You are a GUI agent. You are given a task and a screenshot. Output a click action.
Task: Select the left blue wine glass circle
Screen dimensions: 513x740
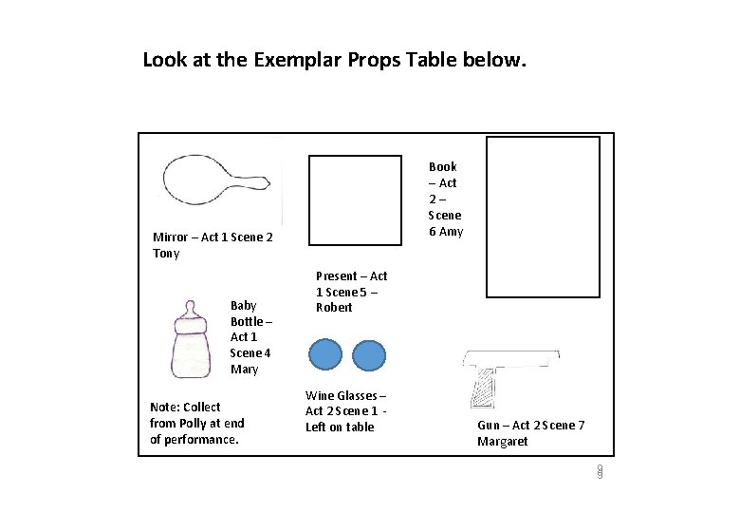[x=325, y=354]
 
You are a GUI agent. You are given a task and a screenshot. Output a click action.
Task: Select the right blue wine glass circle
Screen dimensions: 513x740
[x=370, y=354]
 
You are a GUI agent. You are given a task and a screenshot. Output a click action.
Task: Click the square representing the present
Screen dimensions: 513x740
[x=356, y=200]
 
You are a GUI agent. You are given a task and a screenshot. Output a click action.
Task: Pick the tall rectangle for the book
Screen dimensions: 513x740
[x=543, y=218]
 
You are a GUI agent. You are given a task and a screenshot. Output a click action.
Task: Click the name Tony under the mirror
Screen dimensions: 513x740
[x=166, y=254]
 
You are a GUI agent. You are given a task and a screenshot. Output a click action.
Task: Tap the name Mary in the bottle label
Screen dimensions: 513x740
[x=244, y=369]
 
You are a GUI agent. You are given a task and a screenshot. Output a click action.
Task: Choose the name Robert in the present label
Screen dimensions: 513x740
[x=334, y=308]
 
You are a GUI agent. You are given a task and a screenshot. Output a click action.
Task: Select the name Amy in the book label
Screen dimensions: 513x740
[x=452, y=232]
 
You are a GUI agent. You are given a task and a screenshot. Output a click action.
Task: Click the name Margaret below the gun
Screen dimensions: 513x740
[x=502, y=442]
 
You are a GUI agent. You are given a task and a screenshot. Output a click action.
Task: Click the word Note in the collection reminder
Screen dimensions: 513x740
[x=165, y=407]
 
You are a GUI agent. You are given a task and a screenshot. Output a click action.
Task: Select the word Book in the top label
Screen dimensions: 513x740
[x=442, y=166]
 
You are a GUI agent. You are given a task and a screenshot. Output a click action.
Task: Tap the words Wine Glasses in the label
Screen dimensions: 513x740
[x=345, y=395]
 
